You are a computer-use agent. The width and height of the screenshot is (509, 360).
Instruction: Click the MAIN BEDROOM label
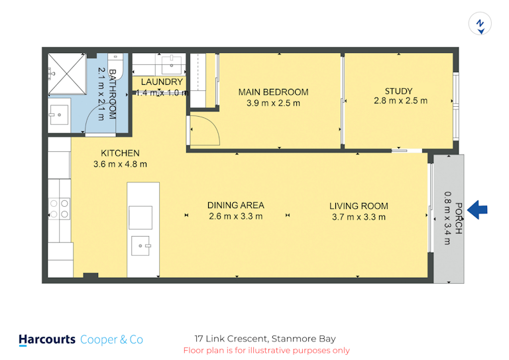tap(273, 92)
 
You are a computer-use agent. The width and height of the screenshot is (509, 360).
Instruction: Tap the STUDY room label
tap(398, 91)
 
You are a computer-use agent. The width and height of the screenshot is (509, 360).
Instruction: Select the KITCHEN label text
tap(120, 153)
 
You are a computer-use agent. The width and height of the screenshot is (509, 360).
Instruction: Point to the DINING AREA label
tap(236, 206)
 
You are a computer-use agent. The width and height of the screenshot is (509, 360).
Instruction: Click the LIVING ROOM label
tap(359, 206)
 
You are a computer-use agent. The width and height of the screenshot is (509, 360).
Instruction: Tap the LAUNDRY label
tap(162, 82)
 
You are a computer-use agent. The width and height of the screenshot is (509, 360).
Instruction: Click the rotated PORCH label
tap(459, 218)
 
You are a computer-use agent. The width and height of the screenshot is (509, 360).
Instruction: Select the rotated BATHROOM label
tap(112, 94)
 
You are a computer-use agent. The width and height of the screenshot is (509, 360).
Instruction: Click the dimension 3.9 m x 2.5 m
tap(273, 103)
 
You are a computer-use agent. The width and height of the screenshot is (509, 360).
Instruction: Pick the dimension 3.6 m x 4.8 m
tap(120, 164)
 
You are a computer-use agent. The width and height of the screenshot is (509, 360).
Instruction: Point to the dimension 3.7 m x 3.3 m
tap(359, 217)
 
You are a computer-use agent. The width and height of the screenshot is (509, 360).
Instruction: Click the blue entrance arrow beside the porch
tap(477, 210)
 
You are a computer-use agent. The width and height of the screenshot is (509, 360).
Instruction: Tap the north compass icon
tap(480, 23)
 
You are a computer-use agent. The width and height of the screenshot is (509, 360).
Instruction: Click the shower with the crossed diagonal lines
tap(67, 74)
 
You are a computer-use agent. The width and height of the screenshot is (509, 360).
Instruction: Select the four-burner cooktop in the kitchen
tap(59, 209)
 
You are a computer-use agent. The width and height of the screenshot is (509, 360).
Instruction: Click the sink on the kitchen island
tap(141, 246)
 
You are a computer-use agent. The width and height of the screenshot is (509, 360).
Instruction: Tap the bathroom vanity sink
tap(59, 115)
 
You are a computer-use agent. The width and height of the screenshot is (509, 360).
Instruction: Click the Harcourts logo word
tap(47, 339)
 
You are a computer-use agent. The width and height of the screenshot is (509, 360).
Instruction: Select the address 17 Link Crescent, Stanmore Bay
tap(265, 339)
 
